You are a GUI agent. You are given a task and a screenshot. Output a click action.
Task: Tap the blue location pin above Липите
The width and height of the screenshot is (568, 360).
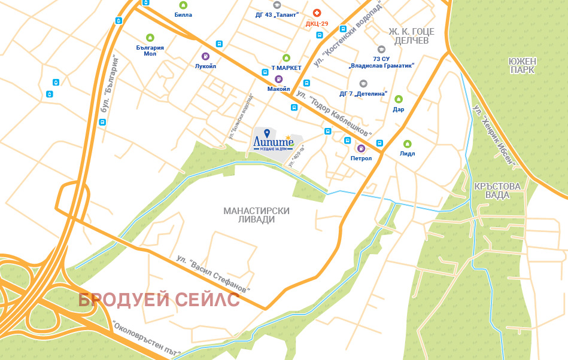pos(266,133)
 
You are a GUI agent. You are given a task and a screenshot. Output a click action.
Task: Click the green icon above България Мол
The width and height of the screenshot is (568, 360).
pos(150,37)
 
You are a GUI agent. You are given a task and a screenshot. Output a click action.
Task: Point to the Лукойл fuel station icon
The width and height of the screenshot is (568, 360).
pos(205,57)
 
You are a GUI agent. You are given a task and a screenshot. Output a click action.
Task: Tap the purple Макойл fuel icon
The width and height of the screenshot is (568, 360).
pos(278,79)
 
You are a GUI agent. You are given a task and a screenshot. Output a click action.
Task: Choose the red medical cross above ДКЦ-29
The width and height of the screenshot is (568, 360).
pos(317,13)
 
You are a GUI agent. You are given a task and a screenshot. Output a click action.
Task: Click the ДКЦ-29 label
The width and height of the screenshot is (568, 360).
pos(317,24)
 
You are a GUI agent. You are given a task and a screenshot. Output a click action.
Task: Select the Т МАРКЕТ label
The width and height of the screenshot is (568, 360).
pos(286,68)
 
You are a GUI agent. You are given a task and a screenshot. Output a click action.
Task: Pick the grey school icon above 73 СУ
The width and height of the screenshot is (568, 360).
pos(381,49)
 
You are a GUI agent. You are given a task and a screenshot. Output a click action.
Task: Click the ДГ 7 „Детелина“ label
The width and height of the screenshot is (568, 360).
pos(363,94)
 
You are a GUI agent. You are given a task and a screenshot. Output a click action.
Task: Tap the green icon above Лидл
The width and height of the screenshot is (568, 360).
pos(408,144)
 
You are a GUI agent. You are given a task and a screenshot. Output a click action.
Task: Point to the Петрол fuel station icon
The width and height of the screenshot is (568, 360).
pos(361,148)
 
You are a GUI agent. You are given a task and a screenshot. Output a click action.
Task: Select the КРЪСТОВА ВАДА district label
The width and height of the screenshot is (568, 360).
pos(497,191)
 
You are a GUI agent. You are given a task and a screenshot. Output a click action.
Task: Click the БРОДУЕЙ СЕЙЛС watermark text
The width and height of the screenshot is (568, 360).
pos(159,300)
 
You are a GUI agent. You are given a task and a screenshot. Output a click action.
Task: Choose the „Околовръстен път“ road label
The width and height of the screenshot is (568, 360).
pos(146,338)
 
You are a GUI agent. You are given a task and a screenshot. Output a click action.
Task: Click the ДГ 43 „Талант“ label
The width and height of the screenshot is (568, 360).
pos(277,14)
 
